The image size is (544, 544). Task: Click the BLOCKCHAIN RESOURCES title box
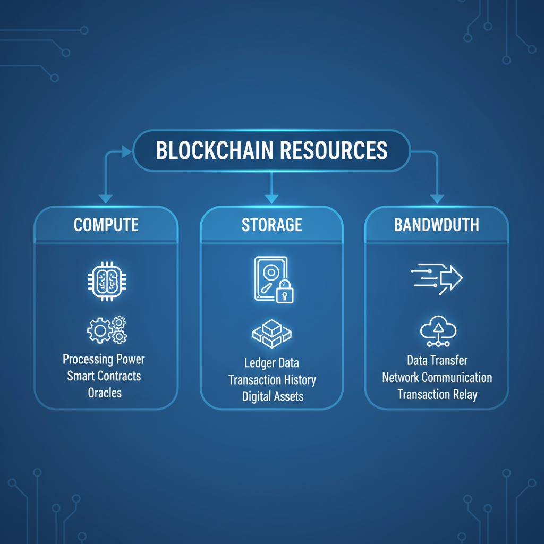[271, 150]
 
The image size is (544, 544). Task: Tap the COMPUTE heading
[106, 224]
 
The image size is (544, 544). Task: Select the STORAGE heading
[271, 224]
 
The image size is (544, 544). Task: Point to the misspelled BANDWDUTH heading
[437, 224]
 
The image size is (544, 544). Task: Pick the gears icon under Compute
[107, 329]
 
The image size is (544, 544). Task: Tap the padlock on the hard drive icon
[284, 292]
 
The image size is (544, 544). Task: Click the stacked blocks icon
[271, 333]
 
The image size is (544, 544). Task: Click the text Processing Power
[104, 359]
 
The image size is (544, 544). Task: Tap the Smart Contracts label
[104, 376]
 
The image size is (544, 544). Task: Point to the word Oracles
[105, 393]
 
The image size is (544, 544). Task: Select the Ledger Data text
[271, 363]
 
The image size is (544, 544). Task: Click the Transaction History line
[272, 380]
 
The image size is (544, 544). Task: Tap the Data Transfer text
[437, 361]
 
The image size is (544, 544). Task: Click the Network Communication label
[437, 378]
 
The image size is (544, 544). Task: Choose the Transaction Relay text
[437, 395]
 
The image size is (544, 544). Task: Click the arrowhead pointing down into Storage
[271, 198]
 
